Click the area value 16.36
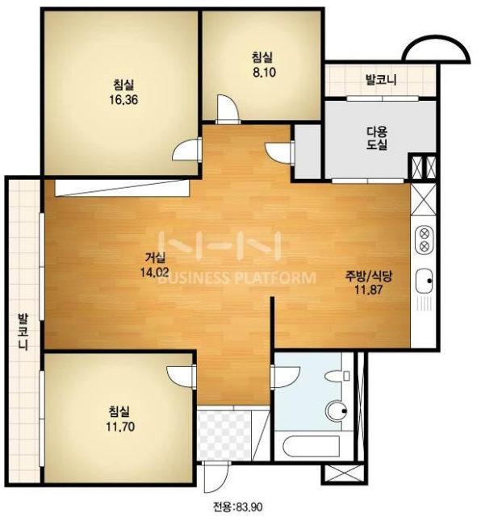coord(123,99)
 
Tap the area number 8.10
coord(264,73)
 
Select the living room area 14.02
coord(154,272)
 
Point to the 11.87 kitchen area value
coord(369,290)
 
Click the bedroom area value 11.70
coord(120,427)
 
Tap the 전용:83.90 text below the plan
coord(238,507)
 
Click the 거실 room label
coord(155,257)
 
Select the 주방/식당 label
coord(369,276)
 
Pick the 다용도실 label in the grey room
coord(377,139)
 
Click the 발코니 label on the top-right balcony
coord(381,80)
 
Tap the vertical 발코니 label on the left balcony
coord(23,331)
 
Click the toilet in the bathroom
coord(337,376)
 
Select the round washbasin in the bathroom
coord(337,411)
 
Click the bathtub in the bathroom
coord(311,446)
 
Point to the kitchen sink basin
coord(424,281)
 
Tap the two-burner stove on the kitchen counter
coord(425,240)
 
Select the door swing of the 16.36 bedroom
coord(185,149)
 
